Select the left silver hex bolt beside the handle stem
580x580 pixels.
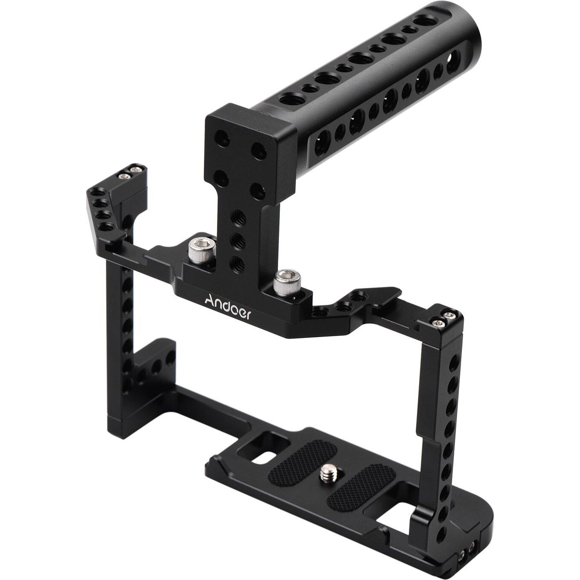point(199,247)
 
